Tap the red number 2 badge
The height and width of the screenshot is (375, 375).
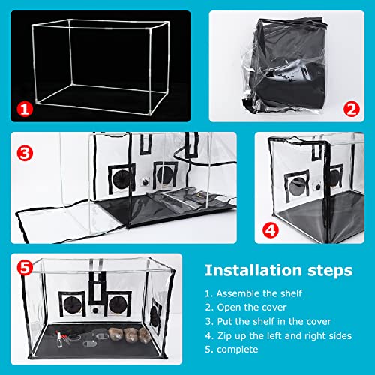point(350,107)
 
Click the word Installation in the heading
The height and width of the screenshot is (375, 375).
point(251,269)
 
